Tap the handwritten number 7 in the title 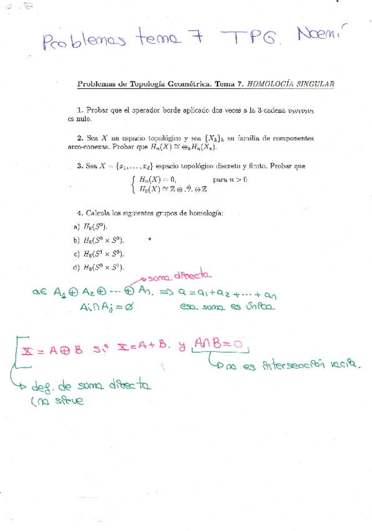click(x=196, y=38)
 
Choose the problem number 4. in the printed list click(x=81, y=213)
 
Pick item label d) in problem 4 click(x=76, y=267)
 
